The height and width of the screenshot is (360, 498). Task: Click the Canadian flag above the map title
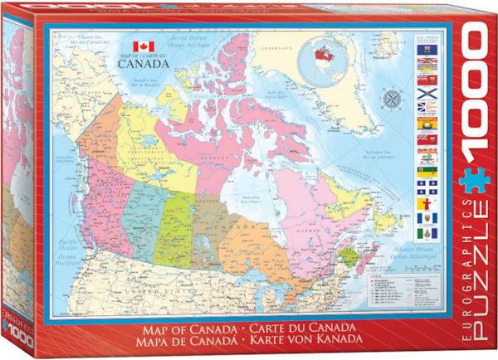pos(144,46)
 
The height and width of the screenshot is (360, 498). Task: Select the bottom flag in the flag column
pos(425,231)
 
